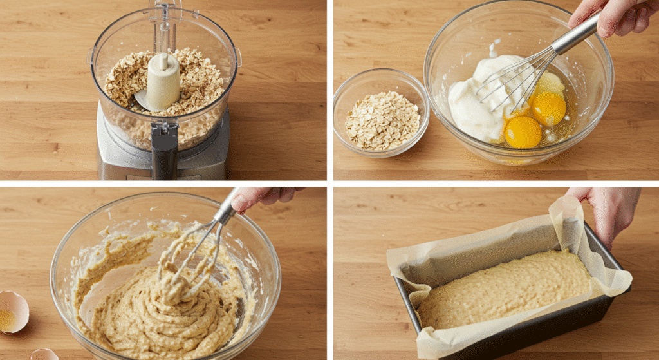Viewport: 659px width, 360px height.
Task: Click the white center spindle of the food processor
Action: [x=163, y=81]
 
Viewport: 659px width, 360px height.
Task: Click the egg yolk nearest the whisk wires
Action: [x=548, y=108]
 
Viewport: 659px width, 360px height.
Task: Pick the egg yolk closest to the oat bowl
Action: [x=523, y=131]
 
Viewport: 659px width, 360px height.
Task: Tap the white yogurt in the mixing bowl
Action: [x=473, y=103]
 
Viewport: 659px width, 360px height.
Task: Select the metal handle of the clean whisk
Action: [x=577, y=36]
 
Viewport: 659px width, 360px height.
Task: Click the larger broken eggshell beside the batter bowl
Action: [x=12, y=311]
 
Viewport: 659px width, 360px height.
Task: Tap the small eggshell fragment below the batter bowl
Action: [x=44, y=354]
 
